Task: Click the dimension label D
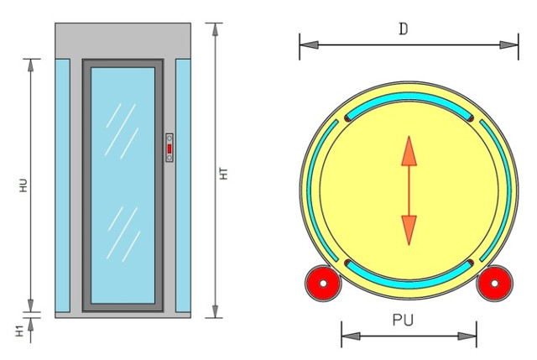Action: pos(404,29)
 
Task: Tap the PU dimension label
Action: pos(408,321)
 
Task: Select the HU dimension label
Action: pos(23,186)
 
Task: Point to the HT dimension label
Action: pos(225,174)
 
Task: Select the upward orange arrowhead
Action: pos(409,150)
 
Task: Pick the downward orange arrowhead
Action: pos(409,229)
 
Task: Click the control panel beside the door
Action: pos(169,149)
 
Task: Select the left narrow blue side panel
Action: pos(63,185)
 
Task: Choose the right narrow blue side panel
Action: pos(183,185)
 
